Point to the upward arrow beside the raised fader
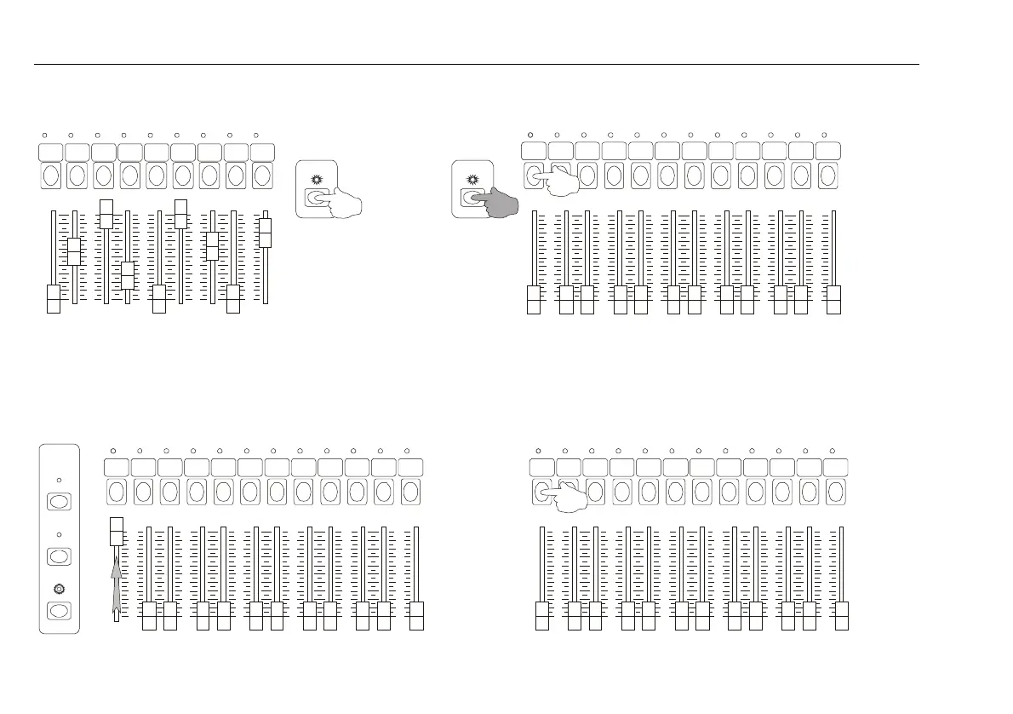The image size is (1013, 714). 117,579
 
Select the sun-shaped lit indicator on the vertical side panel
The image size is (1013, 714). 59,589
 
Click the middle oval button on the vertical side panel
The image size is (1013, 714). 59,556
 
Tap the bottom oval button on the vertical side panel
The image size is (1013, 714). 59,611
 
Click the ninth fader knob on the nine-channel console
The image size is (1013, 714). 265,232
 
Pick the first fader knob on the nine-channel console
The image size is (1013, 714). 54,300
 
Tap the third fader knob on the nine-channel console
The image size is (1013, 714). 106,214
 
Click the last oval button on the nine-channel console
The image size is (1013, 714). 262,176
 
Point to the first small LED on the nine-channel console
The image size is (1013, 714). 44,135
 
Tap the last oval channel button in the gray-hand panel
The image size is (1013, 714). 827,176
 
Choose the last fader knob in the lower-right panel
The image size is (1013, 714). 842,616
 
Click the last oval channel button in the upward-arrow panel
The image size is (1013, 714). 410,492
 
